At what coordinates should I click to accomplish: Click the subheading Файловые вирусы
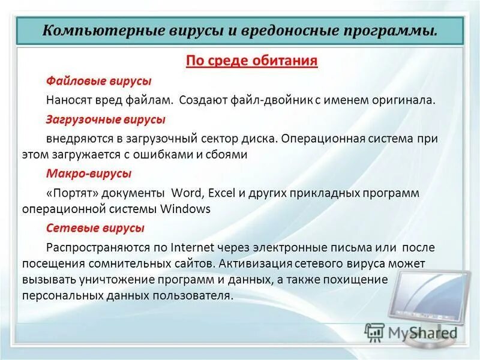click(99, 81)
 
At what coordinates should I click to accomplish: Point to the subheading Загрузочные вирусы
click(106, 119)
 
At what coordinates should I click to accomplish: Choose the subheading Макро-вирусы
click(89, 173)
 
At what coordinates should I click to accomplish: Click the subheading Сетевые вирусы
click(95, 228)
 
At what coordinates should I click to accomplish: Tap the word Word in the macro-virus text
click(188, 193)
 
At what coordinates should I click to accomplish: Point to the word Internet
click(194, 247)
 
